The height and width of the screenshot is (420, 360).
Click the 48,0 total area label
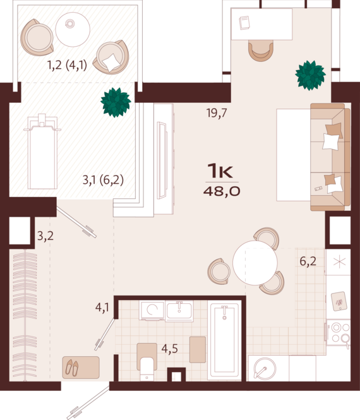pos(222,191)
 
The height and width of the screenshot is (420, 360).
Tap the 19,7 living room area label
pos(217,113)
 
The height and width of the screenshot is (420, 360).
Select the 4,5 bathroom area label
pos(169,349)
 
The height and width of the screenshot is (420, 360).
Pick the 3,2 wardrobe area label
pos(45,236)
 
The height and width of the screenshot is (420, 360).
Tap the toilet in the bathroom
pos(147,362)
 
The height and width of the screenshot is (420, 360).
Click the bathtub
pos(224,340)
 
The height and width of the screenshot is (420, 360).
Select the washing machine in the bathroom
pos(152,311)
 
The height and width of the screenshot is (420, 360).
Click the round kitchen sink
pos(265,369)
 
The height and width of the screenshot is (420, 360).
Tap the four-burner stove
pos(339,332)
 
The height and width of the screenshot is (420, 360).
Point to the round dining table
pos(255,263)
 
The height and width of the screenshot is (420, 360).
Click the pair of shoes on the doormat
pos(72,367)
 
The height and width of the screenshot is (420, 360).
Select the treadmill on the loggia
pos(42,152)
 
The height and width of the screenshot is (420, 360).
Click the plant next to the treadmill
pos(116,102)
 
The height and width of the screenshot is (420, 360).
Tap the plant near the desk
pos(311,75)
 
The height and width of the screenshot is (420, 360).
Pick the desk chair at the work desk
pos(261,51)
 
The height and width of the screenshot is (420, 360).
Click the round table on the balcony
pos(73,30)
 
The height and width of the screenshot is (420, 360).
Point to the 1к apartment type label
pos(220,171)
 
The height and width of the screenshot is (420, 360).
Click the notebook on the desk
pos(244,23)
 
